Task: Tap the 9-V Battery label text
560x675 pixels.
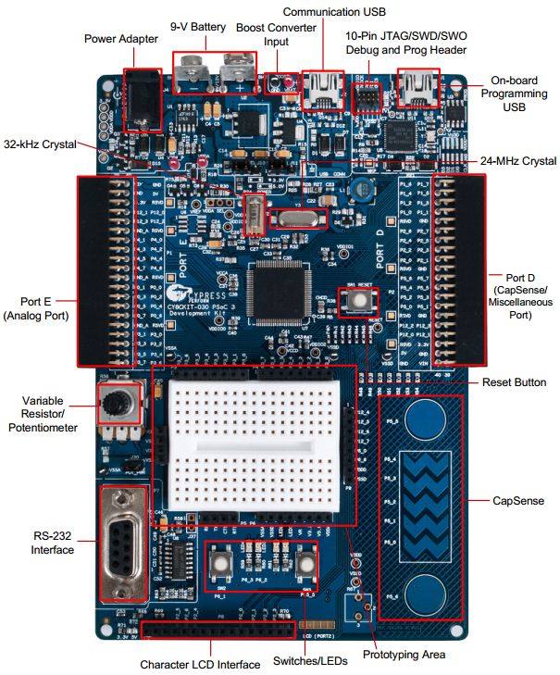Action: [198, 27]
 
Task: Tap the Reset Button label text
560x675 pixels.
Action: [515, 382]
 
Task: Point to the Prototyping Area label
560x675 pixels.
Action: [403, 655]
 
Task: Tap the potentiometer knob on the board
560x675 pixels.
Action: [118, 404]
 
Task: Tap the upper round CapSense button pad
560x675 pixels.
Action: [426, 413]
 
